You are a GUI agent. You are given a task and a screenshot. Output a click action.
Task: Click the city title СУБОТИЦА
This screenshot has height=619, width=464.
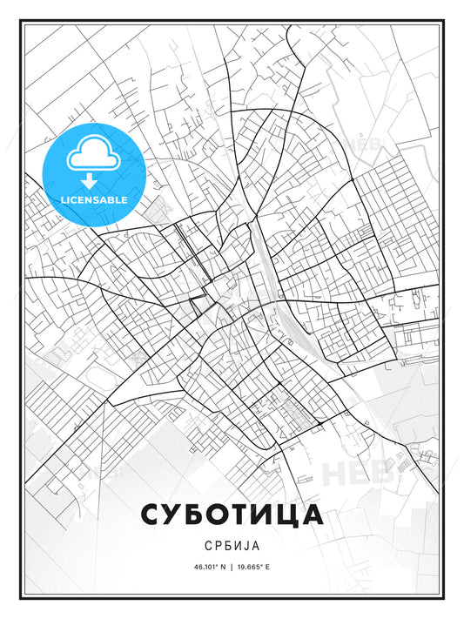(232, 515)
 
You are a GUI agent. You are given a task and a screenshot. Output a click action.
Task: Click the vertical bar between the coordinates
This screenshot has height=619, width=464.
(232, 567)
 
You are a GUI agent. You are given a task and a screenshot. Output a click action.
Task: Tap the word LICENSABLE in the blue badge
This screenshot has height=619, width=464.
(93, 199)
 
